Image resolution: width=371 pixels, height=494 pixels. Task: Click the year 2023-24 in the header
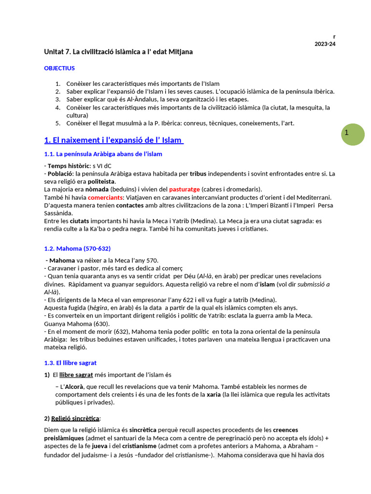[325, 44]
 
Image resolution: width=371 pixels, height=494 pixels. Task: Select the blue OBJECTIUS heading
[59, 69]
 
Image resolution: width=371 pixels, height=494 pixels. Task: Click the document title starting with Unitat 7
[118, 52]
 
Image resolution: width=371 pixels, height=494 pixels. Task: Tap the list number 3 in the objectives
[58, 99]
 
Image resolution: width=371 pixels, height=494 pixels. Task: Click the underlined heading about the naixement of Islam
[114, 140]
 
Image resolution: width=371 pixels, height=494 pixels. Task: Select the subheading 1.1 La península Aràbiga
[103, 154]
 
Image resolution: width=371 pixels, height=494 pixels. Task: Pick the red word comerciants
[105, 197]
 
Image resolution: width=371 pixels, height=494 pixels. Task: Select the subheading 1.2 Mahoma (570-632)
[77, 248]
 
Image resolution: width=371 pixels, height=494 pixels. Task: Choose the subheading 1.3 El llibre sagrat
[71, 363]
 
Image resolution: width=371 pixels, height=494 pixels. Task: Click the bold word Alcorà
[76, 387]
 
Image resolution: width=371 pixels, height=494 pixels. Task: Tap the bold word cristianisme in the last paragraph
[140, 446]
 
